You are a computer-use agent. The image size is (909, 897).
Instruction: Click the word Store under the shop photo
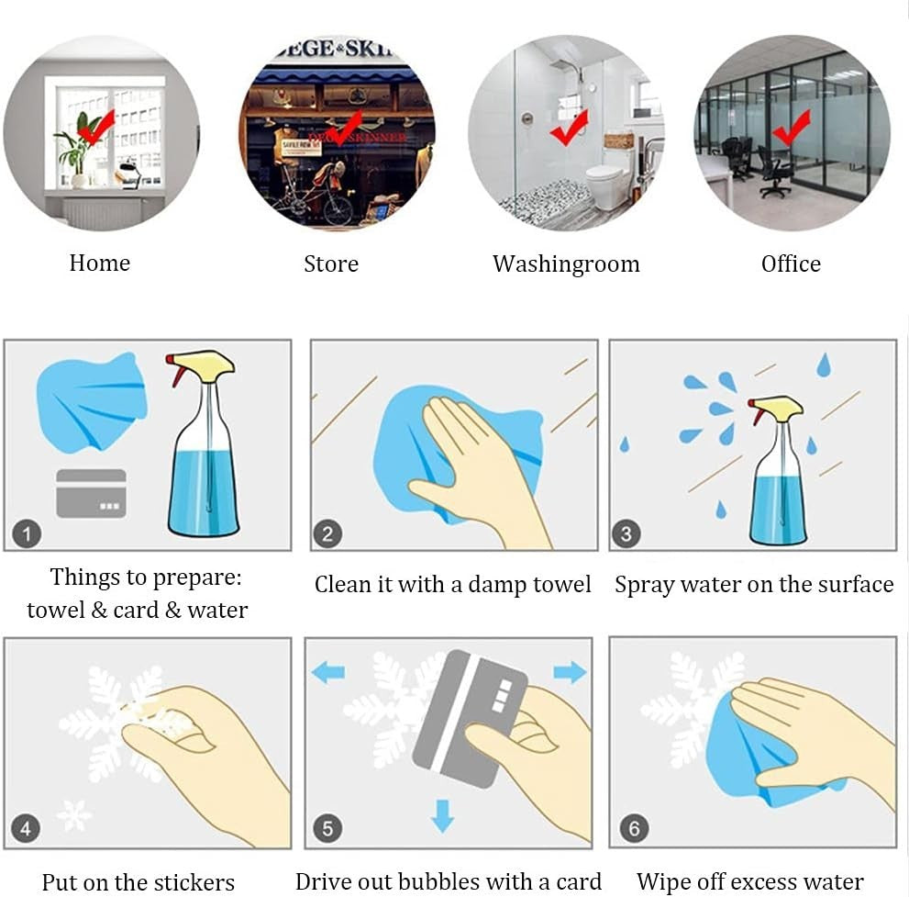331,264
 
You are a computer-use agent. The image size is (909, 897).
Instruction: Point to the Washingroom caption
566,264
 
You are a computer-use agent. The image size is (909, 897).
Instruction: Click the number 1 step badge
27,533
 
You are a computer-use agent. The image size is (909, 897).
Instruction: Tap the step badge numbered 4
26,828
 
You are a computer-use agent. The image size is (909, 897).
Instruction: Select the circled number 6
634,828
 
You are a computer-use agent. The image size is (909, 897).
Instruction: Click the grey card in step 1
91,493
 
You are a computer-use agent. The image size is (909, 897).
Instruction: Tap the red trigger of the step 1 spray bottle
174,371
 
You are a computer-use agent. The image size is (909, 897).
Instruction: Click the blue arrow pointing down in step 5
443,816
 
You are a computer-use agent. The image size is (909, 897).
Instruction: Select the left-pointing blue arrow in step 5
328,673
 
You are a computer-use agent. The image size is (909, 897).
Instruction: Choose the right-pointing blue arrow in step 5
570,672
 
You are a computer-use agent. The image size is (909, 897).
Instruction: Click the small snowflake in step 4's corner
74,814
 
